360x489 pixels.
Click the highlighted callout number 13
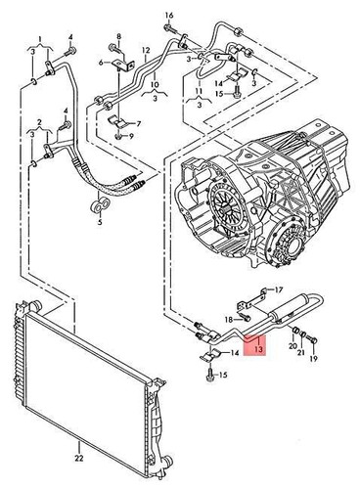pos(257,346)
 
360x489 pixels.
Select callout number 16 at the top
pos(168,16)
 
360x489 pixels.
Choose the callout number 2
pos(39,123)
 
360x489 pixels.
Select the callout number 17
pos(278,291)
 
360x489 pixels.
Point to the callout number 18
pos(225,319)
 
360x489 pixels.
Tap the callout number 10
pos(154,85)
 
